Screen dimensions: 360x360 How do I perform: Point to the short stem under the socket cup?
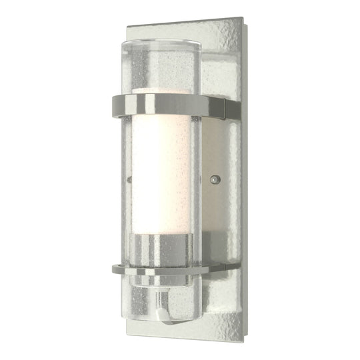click(x=157, y=283)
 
